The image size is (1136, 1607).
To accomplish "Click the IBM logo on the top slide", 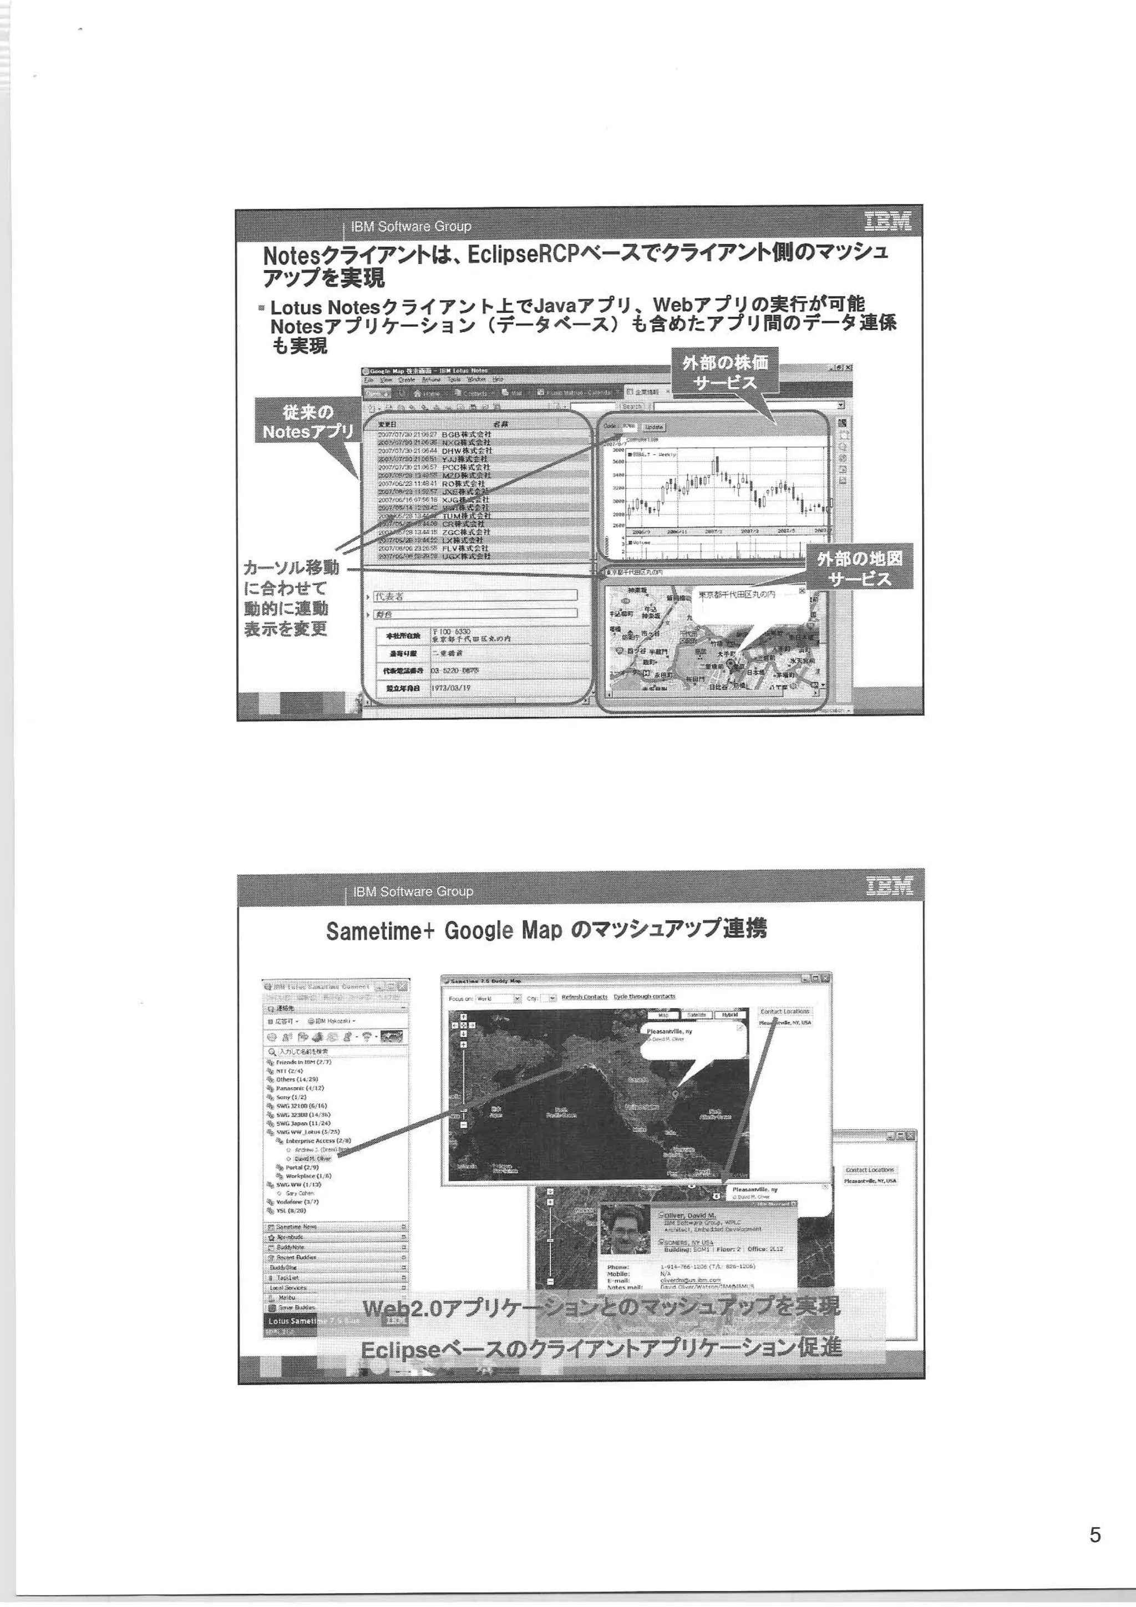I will [887, 221].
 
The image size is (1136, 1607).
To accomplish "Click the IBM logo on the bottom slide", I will [889, 886].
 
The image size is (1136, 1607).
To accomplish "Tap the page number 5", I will [1096, 1535].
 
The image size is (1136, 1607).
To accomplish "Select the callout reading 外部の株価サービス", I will [725, 372].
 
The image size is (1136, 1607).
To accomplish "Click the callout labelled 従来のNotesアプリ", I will [308, 422].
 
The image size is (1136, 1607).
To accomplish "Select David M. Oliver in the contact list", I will [312, 1158].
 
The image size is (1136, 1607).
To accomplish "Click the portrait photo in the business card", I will [625, 1229].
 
